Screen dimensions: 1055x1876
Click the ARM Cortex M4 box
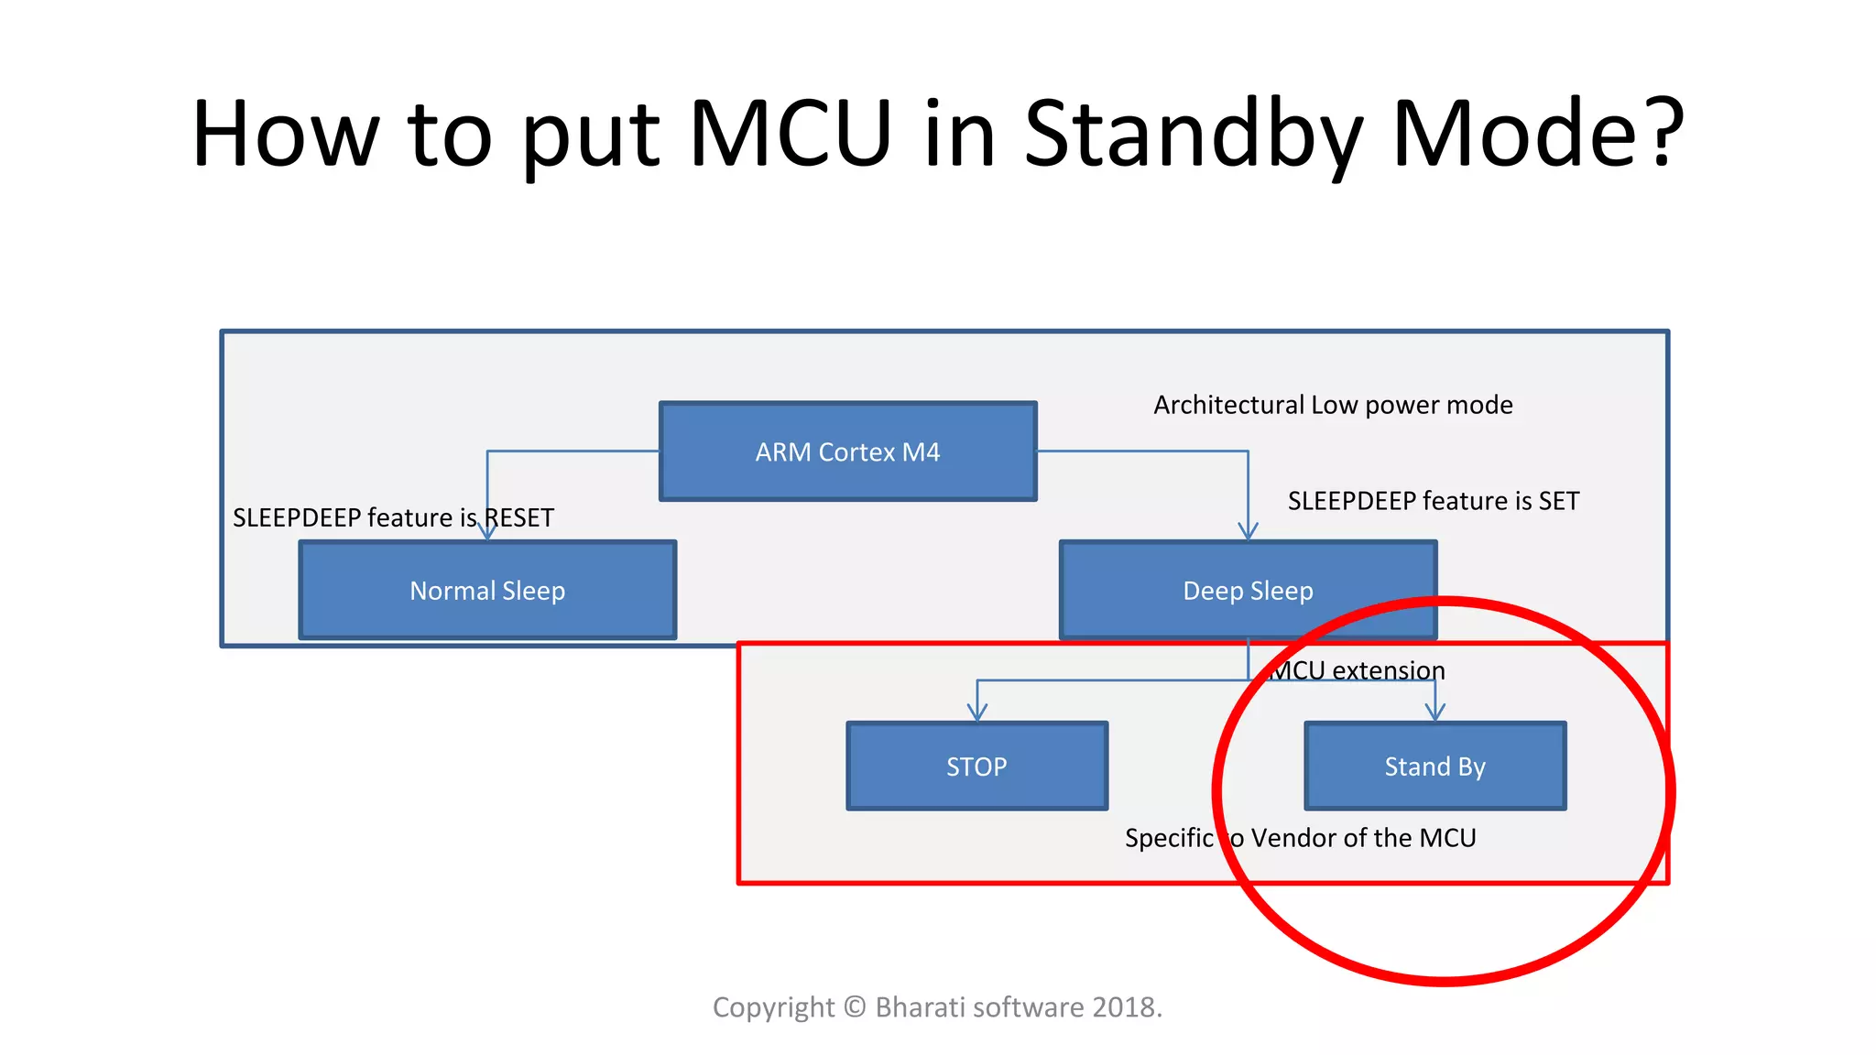[847, 451]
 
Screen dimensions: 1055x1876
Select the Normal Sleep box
[487, 591]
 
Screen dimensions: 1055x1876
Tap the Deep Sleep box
[1248, 591]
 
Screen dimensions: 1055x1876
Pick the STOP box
[976, 767]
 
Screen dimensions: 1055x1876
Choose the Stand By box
[1434, 767]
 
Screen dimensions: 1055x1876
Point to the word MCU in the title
[790, 135]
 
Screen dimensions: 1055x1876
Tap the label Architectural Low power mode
[1333, 405]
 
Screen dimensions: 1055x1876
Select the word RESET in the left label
[518, 518]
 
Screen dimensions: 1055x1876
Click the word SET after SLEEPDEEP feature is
[1558, 501]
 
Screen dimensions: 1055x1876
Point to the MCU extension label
[1359, 670]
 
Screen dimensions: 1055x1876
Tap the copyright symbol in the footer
[855, 1007]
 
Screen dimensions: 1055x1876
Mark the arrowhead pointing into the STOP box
[977, 712]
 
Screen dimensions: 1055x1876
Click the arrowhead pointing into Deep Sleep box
[1248, 531]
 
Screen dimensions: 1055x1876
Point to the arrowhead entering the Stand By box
[1435, 712]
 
